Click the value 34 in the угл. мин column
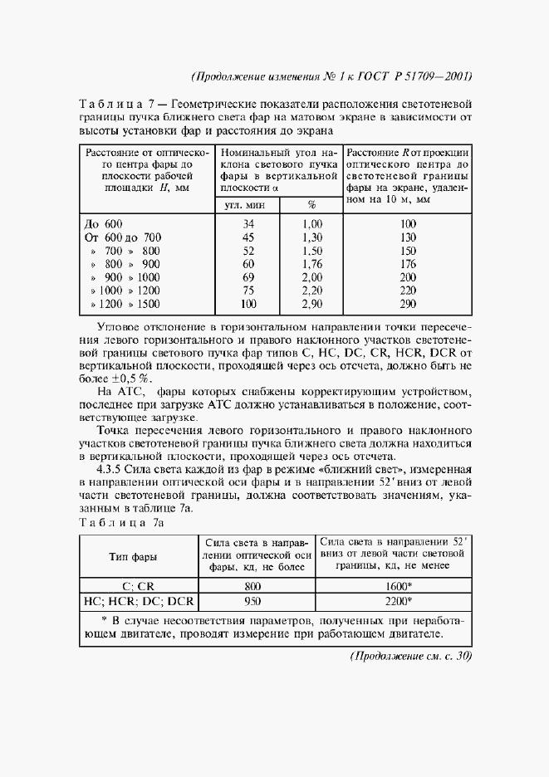pos(248,224)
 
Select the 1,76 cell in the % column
pos(311,264)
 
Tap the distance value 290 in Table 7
pos(407,304)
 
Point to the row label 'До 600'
pos(104,224)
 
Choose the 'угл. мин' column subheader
pos(247,204)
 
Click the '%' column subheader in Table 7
pos(311,204)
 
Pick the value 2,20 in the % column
pos(311,291)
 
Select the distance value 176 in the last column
pos(407,264)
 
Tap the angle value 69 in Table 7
pos(248,277)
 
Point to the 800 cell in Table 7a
pos(253,586)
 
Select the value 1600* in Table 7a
pos(398,586)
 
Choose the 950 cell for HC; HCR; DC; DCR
pos(253,600)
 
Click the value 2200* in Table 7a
pos(398,600)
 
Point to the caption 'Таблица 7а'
pos(120,522)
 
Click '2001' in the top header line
pos(455,76)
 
